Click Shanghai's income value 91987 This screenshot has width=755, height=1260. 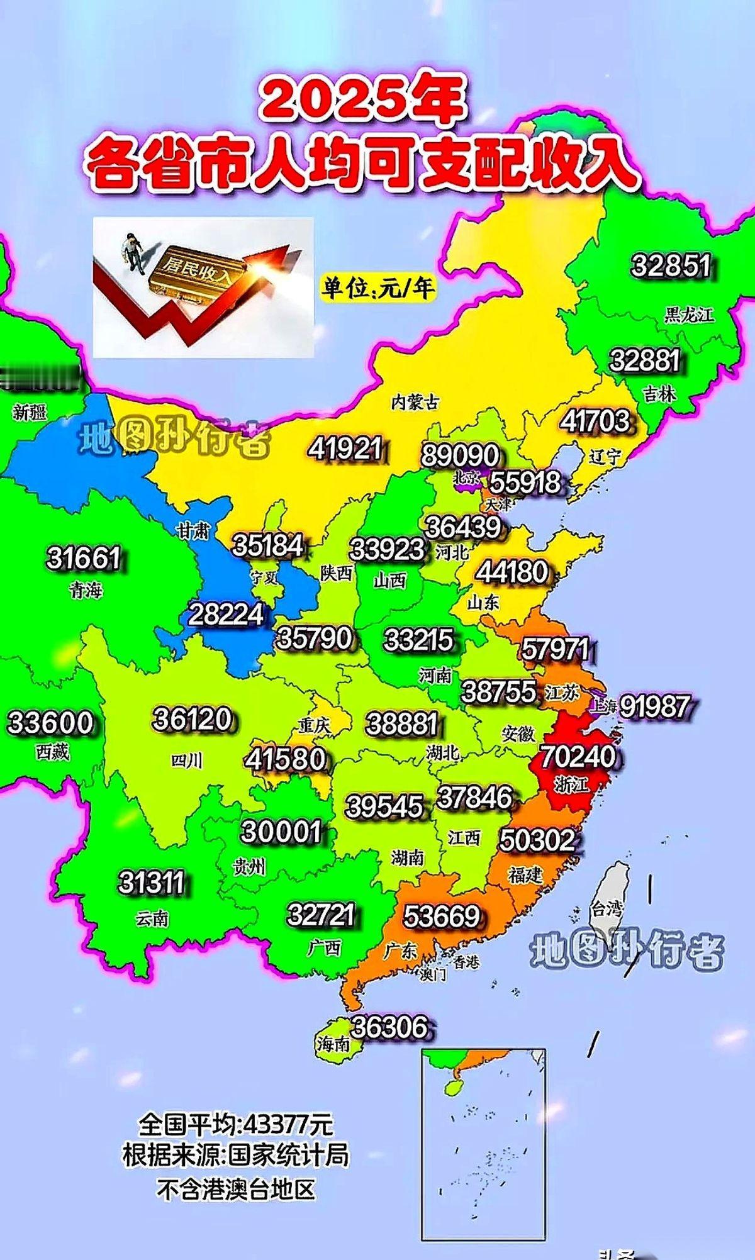(x=654, y=706)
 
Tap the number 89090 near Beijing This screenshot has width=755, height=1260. (x=460, y=455)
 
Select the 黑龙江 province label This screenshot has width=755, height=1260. (x=689, y=315)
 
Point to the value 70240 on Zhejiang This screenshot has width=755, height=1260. (x=578, y=756)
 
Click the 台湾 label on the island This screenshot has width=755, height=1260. (x=606, y=908)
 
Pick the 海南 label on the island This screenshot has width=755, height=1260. (x=333, y=1044)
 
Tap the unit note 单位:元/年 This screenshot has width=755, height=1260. (x=378, y=288)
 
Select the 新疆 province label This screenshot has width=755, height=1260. (x=30, y=413)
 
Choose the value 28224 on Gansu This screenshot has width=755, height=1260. (x=226, y=614)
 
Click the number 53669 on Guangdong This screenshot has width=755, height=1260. (x=441, y=916)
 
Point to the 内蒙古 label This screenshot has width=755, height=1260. (x=415, y=402)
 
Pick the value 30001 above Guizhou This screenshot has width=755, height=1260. (x=281, y=832)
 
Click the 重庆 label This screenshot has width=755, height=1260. (x=314, y=725)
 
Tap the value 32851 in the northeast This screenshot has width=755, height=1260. (x=671, y=265)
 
